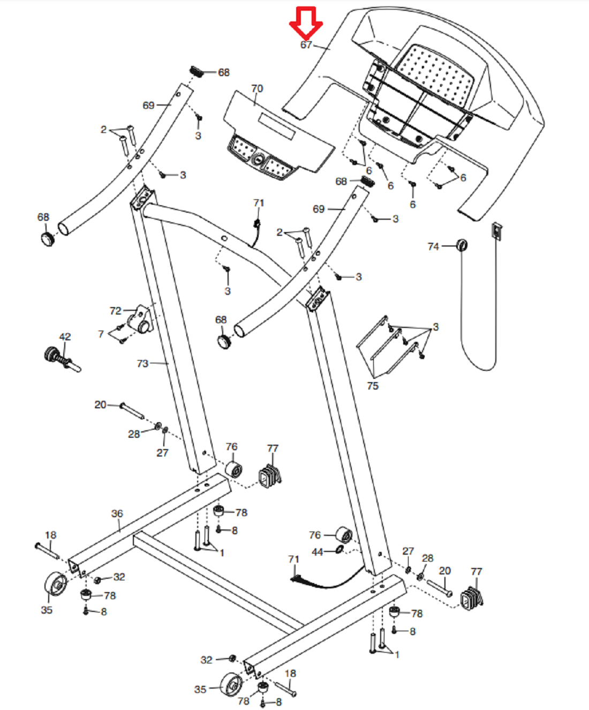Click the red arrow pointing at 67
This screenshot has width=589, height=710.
click(306, 23)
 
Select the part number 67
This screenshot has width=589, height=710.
click(306, 44)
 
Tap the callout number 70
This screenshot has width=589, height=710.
click(257, 88)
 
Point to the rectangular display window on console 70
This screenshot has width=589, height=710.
click(277, 125)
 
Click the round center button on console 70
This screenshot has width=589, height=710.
click(258, 159)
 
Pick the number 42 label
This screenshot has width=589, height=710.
click(65, 337)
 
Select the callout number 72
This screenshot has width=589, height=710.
click(115, 311)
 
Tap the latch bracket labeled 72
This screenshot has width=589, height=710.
click(140, 319)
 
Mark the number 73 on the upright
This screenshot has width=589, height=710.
click(143, 363)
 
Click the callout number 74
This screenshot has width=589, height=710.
click(433, 246)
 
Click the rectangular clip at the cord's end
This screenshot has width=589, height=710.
click(497, 231)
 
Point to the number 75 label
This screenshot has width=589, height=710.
click(373, 386)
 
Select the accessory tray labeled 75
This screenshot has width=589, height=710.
click(388, 347)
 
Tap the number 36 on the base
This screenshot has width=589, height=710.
click(117, 513)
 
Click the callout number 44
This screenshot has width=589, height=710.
click(318, 552)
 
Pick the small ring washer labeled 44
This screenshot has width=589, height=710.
click(339, 549)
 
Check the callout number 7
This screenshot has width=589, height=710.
click(101, 334)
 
